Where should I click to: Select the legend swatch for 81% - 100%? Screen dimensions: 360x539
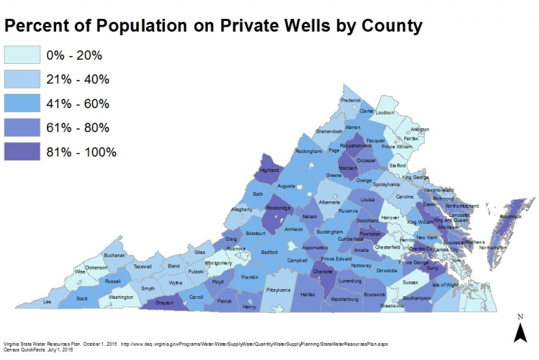point(22,152)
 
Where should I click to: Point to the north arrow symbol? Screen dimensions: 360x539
point(519,329)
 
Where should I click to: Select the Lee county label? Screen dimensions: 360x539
point(48,301)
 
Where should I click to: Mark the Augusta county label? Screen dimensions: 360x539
point(286,187)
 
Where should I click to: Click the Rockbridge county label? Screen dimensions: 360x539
point(278,208)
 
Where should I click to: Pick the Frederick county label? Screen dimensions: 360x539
point(350,100)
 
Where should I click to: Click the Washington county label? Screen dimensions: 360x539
point(121,297)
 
